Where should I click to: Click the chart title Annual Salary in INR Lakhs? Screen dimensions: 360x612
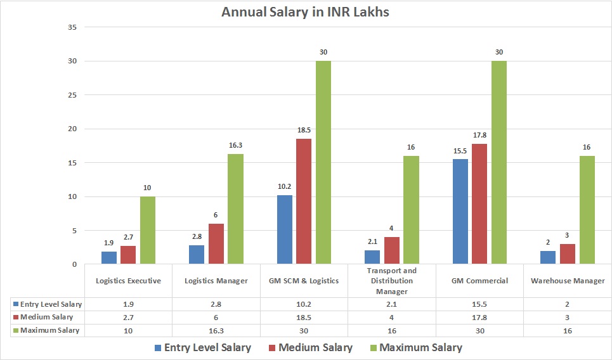pos(305,12)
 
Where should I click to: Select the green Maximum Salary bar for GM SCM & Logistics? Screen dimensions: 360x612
pos(323,162)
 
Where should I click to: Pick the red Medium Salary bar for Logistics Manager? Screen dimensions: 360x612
pos(216,243)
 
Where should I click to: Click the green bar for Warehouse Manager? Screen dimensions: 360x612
pos(587,209)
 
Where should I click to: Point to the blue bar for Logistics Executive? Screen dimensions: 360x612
pos(109,257)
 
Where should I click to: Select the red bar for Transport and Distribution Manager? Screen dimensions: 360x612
pos(391,250)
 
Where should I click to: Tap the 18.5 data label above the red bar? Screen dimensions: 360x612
pos(303,130)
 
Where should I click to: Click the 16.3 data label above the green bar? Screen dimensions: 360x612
pos(235,145)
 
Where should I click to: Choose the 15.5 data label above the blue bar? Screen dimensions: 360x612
pos(460,150)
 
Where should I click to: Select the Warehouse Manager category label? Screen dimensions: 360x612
pos(568,281)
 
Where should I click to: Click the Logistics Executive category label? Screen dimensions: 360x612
pos(128,281)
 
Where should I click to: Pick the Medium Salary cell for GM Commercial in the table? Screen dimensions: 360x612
pos(480,317)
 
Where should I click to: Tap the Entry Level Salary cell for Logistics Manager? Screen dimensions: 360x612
pos(216,304)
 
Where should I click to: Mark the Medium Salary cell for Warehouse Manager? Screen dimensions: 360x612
pos(568,317)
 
